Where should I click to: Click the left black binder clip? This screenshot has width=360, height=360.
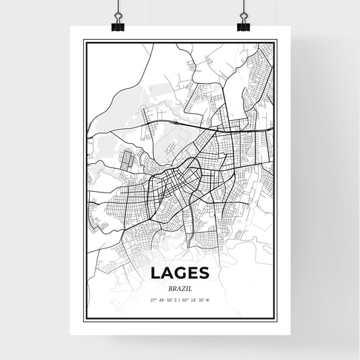(x=118, y=27)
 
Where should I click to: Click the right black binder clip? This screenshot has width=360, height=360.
(x=243, y=27)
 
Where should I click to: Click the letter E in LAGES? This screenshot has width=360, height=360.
(x=195, y=272)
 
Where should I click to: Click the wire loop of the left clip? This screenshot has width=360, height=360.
(x=118, y=17)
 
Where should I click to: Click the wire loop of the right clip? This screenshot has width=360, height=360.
(x=243, y=17)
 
